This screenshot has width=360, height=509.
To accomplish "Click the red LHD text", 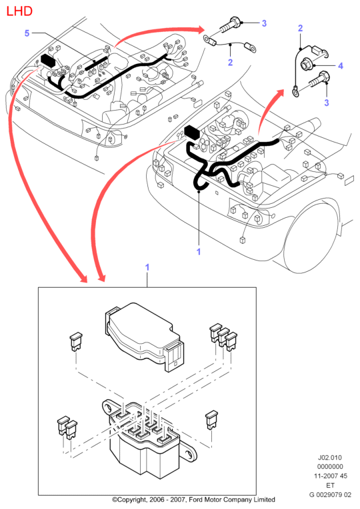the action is tap(19, 11).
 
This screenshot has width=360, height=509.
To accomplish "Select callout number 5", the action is tap(27, 33).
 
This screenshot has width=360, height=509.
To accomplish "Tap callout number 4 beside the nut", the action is tap(340, 66).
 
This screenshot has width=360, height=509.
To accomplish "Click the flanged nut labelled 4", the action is tap(307, 64).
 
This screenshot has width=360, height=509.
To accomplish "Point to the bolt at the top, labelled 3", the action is tap(231, 25).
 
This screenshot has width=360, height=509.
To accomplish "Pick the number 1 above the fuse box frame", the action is tap(147, 267).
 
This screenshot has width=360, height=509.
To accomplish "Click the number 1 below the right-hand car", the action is tap(199, 252).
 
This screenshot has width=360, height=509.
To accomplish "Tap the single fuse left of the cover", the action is tap(76, 342).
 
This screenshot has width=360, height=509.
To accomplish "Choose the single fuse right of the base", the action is tap(211, 420).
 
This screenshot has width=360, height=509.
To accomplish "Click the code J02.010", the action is tap(330, 458).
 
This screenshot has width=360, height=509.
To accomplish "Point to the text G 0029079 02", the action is tap(330, 495).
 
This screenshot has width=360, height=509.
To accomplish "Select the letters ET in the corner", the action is tap(330, 485).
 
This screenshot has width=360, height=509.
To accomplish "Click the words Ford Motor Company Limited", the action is tap(231, 500).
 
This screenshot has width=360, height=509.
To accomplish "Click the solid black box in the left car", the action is tap(49, 61).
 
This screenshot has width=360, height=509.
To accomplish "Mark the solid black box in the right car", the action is tap(192, 132).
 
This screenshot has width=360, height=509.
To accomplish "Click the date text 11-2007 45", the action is tap(330, 476).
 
